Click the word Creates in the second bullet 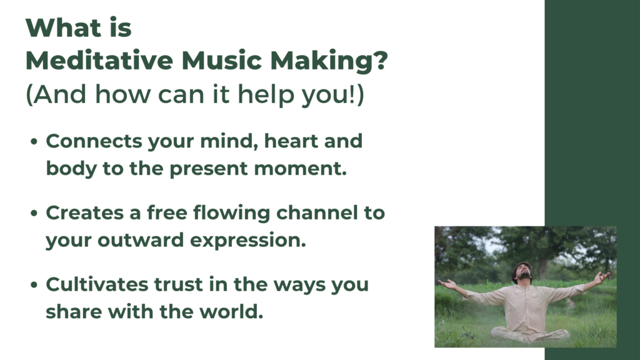click(84, 213)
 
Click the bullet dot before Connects click(34, 142)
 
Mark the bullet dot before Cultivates click(34, 285)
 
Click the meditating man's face click(524, 272)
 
